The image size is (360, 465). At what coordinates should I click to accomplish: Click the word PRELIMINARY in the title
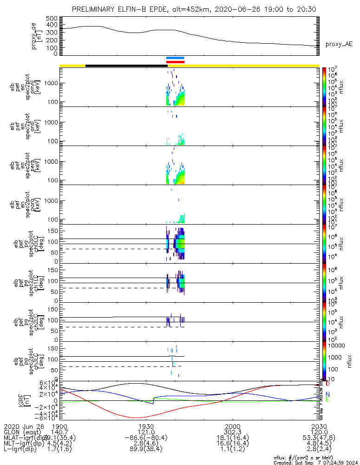pyautogui.click(x=93, y=10)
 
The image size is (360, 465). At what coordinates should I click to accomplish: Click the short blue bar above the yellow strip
pyautogui.click(x=175, y=58)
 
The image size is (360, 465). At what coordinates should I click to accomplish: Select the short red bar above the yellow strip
pyautogui.click(x=175, y=62)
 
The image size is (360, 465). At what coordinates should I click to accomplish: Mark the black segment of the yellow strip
pyautogui.click(x=126, y=66)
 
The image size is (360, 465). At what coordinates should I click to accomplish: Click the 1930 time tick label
pyautogui.click(x=146, y=426)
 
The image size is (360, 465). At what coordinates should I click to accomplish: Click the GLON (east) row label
pyautogui.click(x=21, y=432)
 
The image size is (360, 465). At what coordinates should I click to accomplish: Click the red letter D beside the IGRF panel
pyautogui.click(x=327, y=384)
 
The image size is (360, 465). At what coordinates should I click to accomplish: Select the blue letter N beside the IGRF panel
pyautogui.click(x=327, y=394)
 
